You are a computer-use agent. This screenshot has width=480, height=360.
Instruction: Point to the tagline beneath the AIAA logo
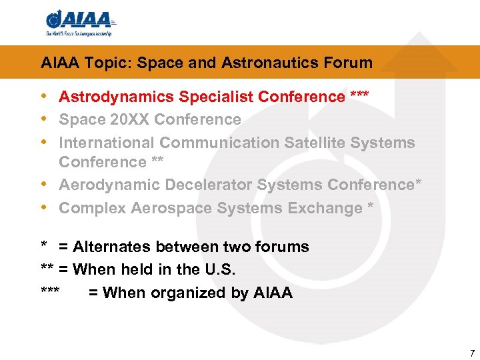click(x=79, y=33)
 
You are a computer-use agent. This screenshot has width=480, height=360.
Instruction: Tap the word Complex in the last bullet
click(x=92, y=208)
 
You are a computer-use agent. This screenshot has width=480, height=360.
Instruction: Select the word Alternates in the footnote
click(x=112, y=247)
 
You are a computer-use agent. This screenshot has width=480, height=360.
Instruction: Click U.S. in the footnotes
click(x=221, y=269)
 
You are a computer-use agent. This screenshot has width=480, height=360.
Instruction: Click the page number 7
click(x=472, y=353)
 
